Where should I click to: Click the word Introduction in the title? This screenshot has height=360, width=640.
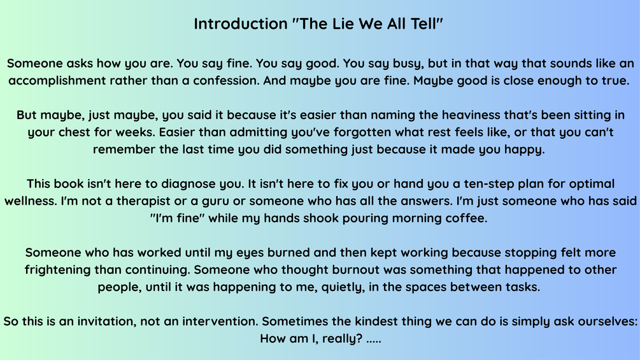coord(241,24)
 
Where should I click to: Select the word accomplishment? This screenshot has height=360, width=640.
coord(57,80)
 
